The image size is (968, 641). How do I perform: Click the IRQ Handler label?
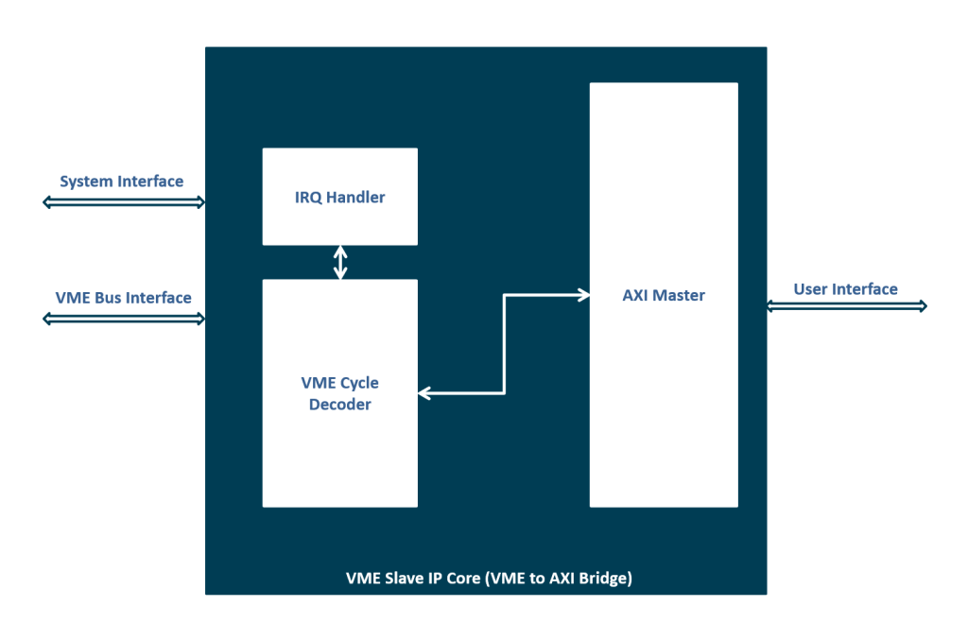click(339, 198)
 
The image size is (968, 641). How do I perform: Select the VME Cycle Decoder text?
click(339, 393)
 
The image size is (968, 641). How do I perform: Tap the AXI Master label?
click(663, 295)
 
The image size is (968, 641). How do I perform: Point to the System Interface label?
click(122, 182)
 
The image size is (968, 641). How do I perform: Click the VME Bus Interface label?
click(123, 298)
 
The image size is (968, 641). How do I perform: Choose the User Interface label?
click(845, 289)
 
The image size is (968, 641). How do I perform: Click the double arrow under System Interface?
click(123, 201)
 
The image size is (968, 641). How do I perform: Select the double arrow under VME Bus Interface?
click(123, 319)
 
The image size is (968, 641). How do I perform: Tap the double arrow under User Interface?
click(846, 305)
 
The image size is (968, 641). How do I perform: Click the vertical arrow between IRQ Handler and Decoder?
click(340, 262)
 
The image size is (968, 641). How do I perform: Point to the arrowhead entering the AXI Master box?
click(582, 296)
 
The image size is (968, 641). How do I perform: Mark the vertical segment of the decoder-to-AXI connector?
click(505, 344)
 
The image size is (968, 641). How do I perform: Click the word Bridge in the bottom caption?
click(602, 578)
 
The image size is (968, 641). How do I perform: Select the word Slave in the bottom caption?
click(403, 578)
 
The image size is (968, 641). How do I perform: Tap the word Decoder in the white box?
click(339, 405)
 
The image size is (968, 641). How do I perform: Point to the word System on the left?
click(87, 182)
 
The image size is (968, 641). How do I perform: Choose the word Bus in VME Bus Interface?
click(109, 298)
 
